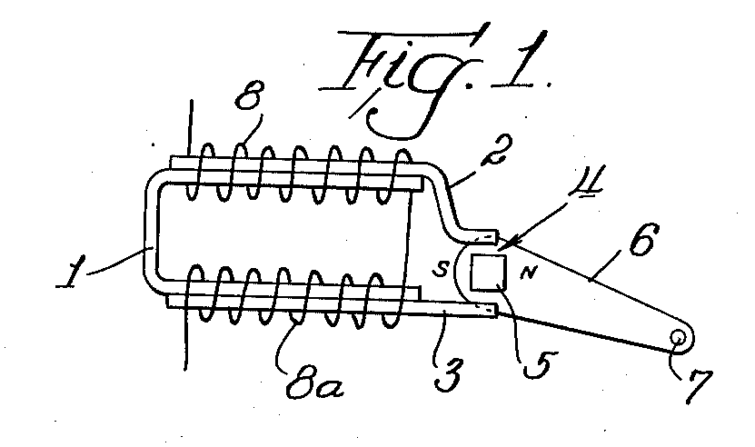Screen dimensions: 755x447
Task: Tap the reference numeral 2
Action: coord(495,148)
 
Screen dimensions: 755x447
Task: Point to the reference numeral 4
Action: coord(587,181)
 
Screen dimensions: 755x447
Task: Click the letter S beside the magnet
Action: coord(440,269)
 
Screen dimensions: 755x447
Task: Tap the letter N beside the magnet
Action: coord(528,273)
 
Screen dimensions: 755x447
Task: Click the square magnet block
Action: coord(488,273)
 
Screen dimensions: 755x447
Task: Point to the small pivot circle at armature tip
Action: coord(679,338)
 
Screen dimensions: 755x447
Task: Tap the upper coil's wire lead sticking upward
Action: coord(191,129)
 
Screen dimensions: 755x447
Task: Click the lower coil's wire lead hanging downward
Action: coord(185,340)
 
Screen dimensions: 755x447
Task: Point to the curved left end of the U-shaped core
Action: coord(150,231)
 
